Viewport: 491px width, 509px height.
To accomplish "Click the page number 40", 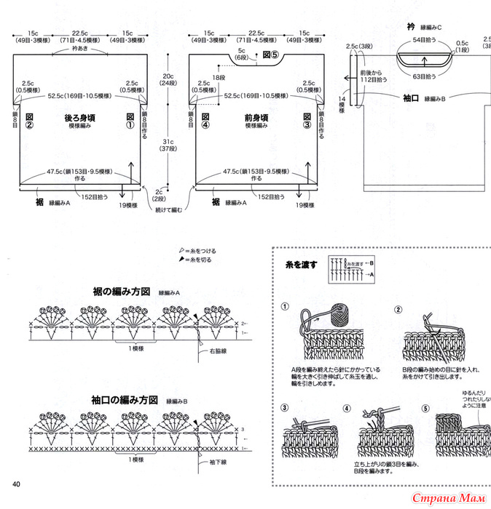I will coord(15,484).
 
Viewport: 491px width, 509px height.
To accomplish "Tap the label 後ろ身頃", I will coord(80,117).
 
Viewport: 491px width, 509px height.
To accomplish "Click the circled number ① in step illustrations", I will coord(286,309).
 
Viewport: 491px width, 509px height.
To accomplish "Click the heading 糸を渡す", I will coord(302,265).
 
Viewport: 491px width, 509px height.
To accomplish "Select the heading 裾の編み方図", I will coord(121,291).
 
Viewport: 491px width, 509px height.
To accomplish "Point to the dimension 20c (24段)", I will coord(168,79).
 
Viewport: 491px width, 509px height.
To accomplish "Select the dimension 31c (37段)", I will coord(168,145).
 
